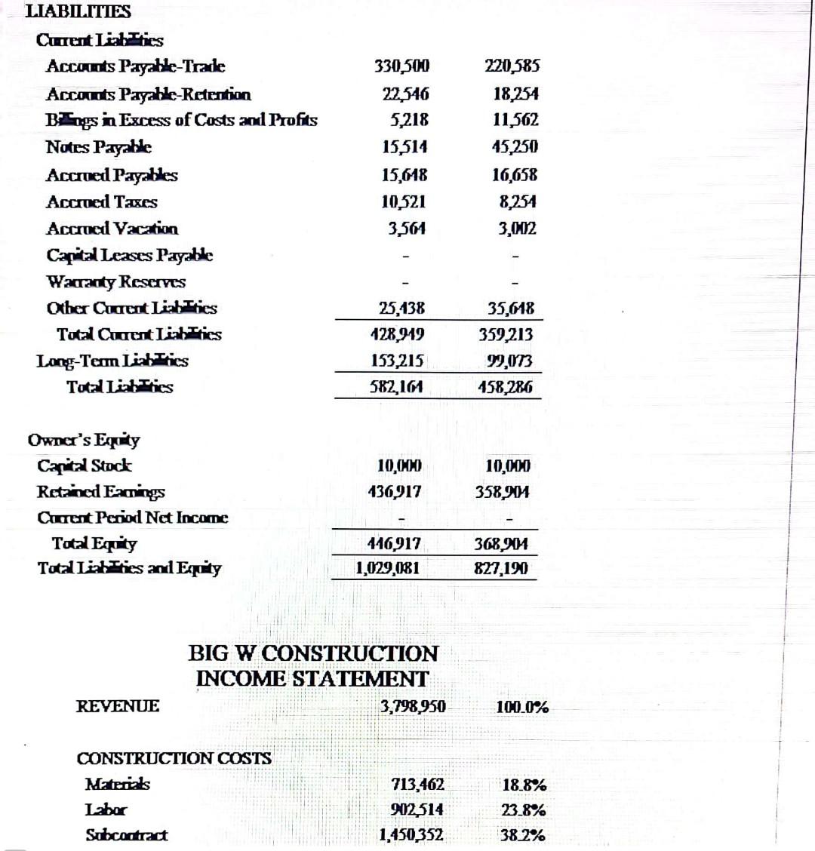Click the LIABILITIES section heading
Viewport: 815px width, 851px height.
(x=78, y=11)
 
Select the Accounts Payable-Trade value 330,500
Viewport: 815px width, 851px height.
(x=401, y=66)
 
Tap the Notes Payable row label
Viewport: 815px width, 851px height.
(x=99, y=147)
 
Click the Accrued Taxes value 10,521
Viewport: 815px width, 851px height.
(x=404, y=201)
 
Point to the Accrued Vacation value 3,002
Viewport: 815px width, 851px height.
(x=517, y=229)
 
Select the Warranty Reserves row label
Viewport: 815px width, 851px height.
(x=116, y=281)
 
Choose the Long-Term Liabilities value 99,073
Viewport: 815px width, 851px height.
(x=509, y=361)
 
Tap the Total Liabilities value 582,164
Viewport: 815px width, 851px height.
(x=396, y=387)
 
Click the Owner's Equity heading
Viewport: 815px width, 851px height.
(x=84, y=440)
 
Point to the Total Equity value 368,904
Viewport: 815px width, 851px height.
(x=502, y=543)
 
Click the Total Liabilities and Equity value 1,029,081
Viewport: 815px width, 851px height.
(x=387, y=567)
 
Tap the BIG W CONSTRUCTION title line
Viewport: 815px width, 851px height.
(x=312, y=653)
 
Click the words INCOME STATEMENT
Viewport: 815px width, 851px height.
(x=312, y=679)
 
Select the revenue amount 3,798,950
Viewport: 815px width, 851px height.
(x=413, y=707)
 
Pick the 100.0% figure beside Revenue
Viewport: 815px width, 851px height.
(x=522, y=708)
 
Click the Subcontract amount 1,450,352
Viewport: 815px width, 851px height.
(x=411, y=835)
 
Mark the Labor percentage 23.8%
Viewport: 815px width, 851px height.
(x=524, y=810)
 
